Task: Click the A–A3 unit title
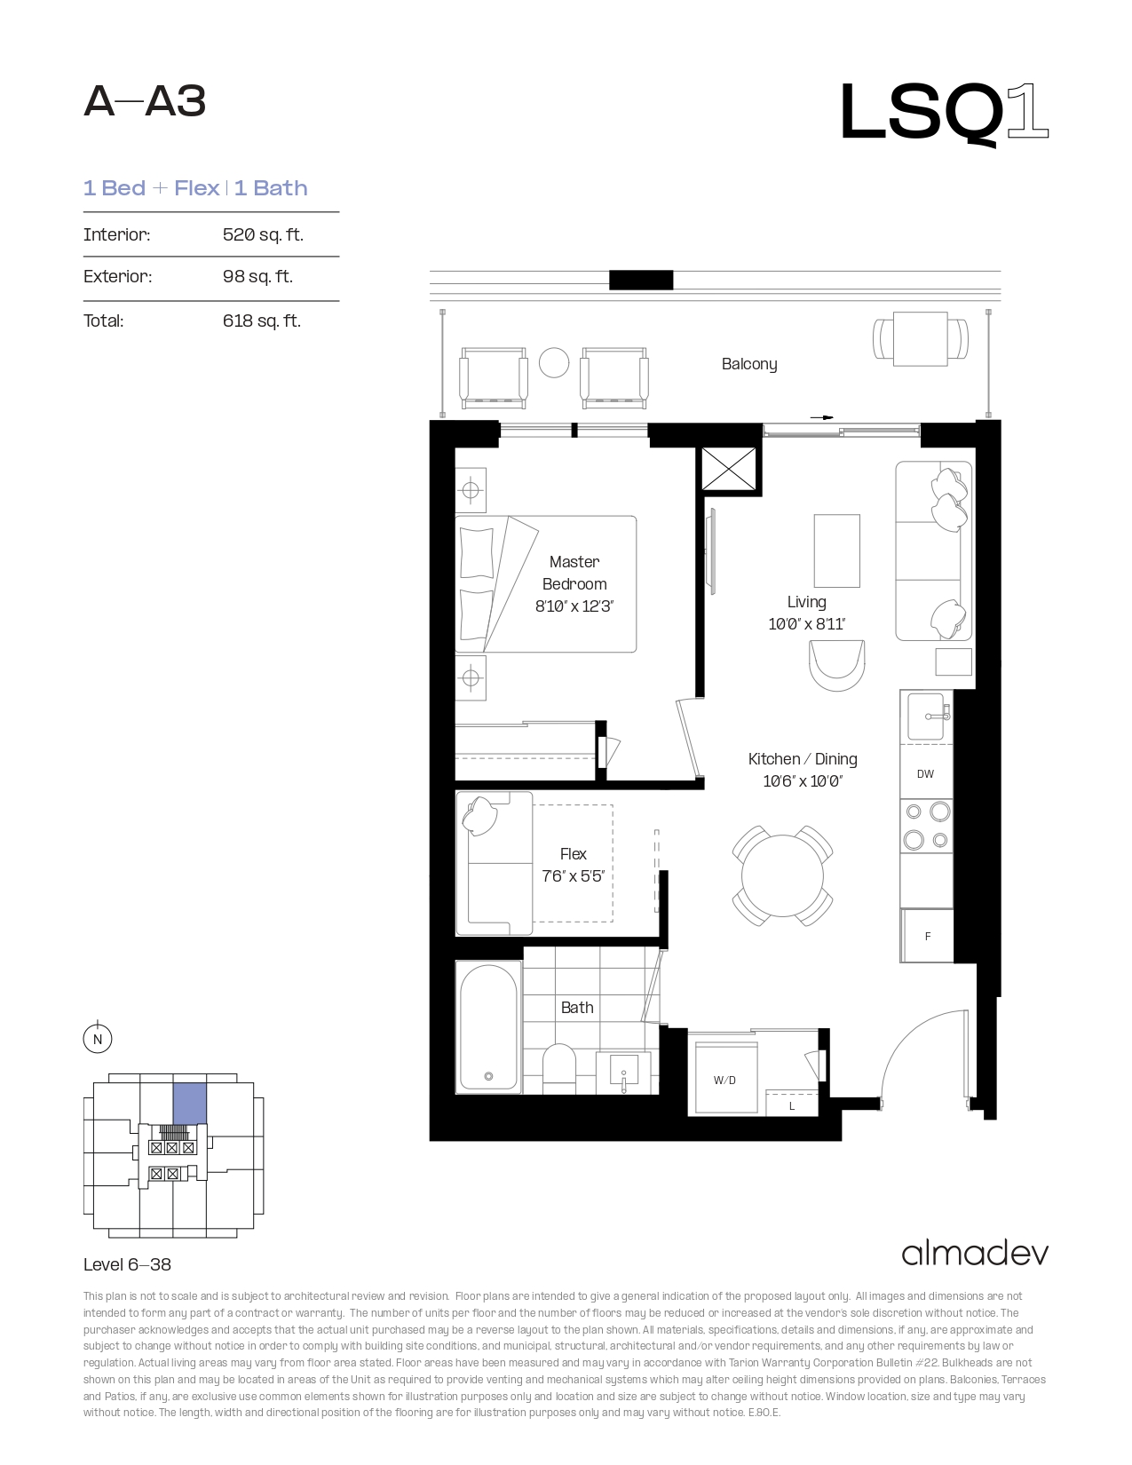click(145, 102)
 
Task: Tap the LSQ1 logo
click(944, 113)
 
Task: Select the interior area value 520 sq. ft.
click(263, 234)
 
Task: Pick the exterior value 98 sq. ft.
click(257, 276)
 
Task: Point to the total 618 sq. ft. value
click(262, 321)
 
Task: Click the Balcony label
click(749, 364)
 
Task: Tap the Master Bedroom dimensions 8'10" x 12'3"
click(574, 606)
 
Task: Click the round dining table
click(782, 875)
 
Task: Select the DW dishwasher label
click(925, 774)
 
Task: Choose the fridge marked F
click(927, 936)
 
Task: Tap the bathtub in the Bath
click(489, 1026)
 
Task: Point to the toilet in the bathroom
click(559, 1069)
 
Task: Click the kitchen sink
click(926, 716)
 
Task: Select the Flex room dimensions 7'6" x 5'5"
click(573, 876)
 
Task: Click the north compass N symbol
click(98, 1039)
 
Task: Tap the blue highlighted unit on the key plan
click(190, 1104)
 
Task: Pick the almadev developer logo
click(975, 1254)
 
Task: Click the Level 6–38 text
click(128, 1264)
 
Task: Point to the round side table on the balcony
click(554, 363)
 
